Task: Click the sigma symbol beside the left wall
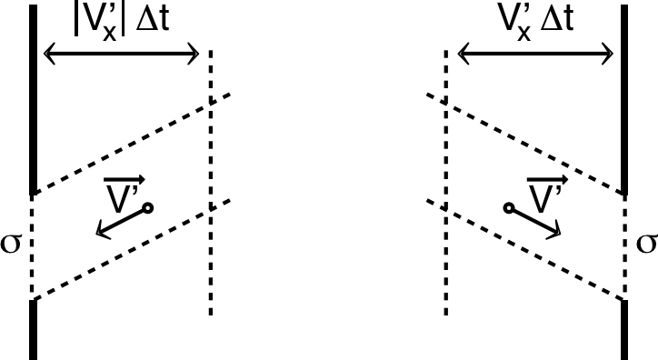point(11,245)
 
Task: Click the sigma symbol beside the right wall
point(646,244)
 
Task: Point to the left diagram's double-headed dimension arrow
point(122,57)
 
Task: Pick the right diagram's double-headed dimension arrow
point(536,57)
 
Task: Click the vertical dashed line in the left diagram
point(211,273)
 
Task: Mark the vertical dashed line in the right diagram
point(445,273)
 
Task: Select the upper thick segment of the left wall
point(34,100)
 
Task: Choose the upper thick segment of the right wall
point(624,100)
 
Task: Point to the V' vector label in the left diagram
point(121,190)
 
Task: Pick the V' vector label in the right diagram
point(543,190)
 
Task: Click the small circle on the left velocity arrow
point(147,208)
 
